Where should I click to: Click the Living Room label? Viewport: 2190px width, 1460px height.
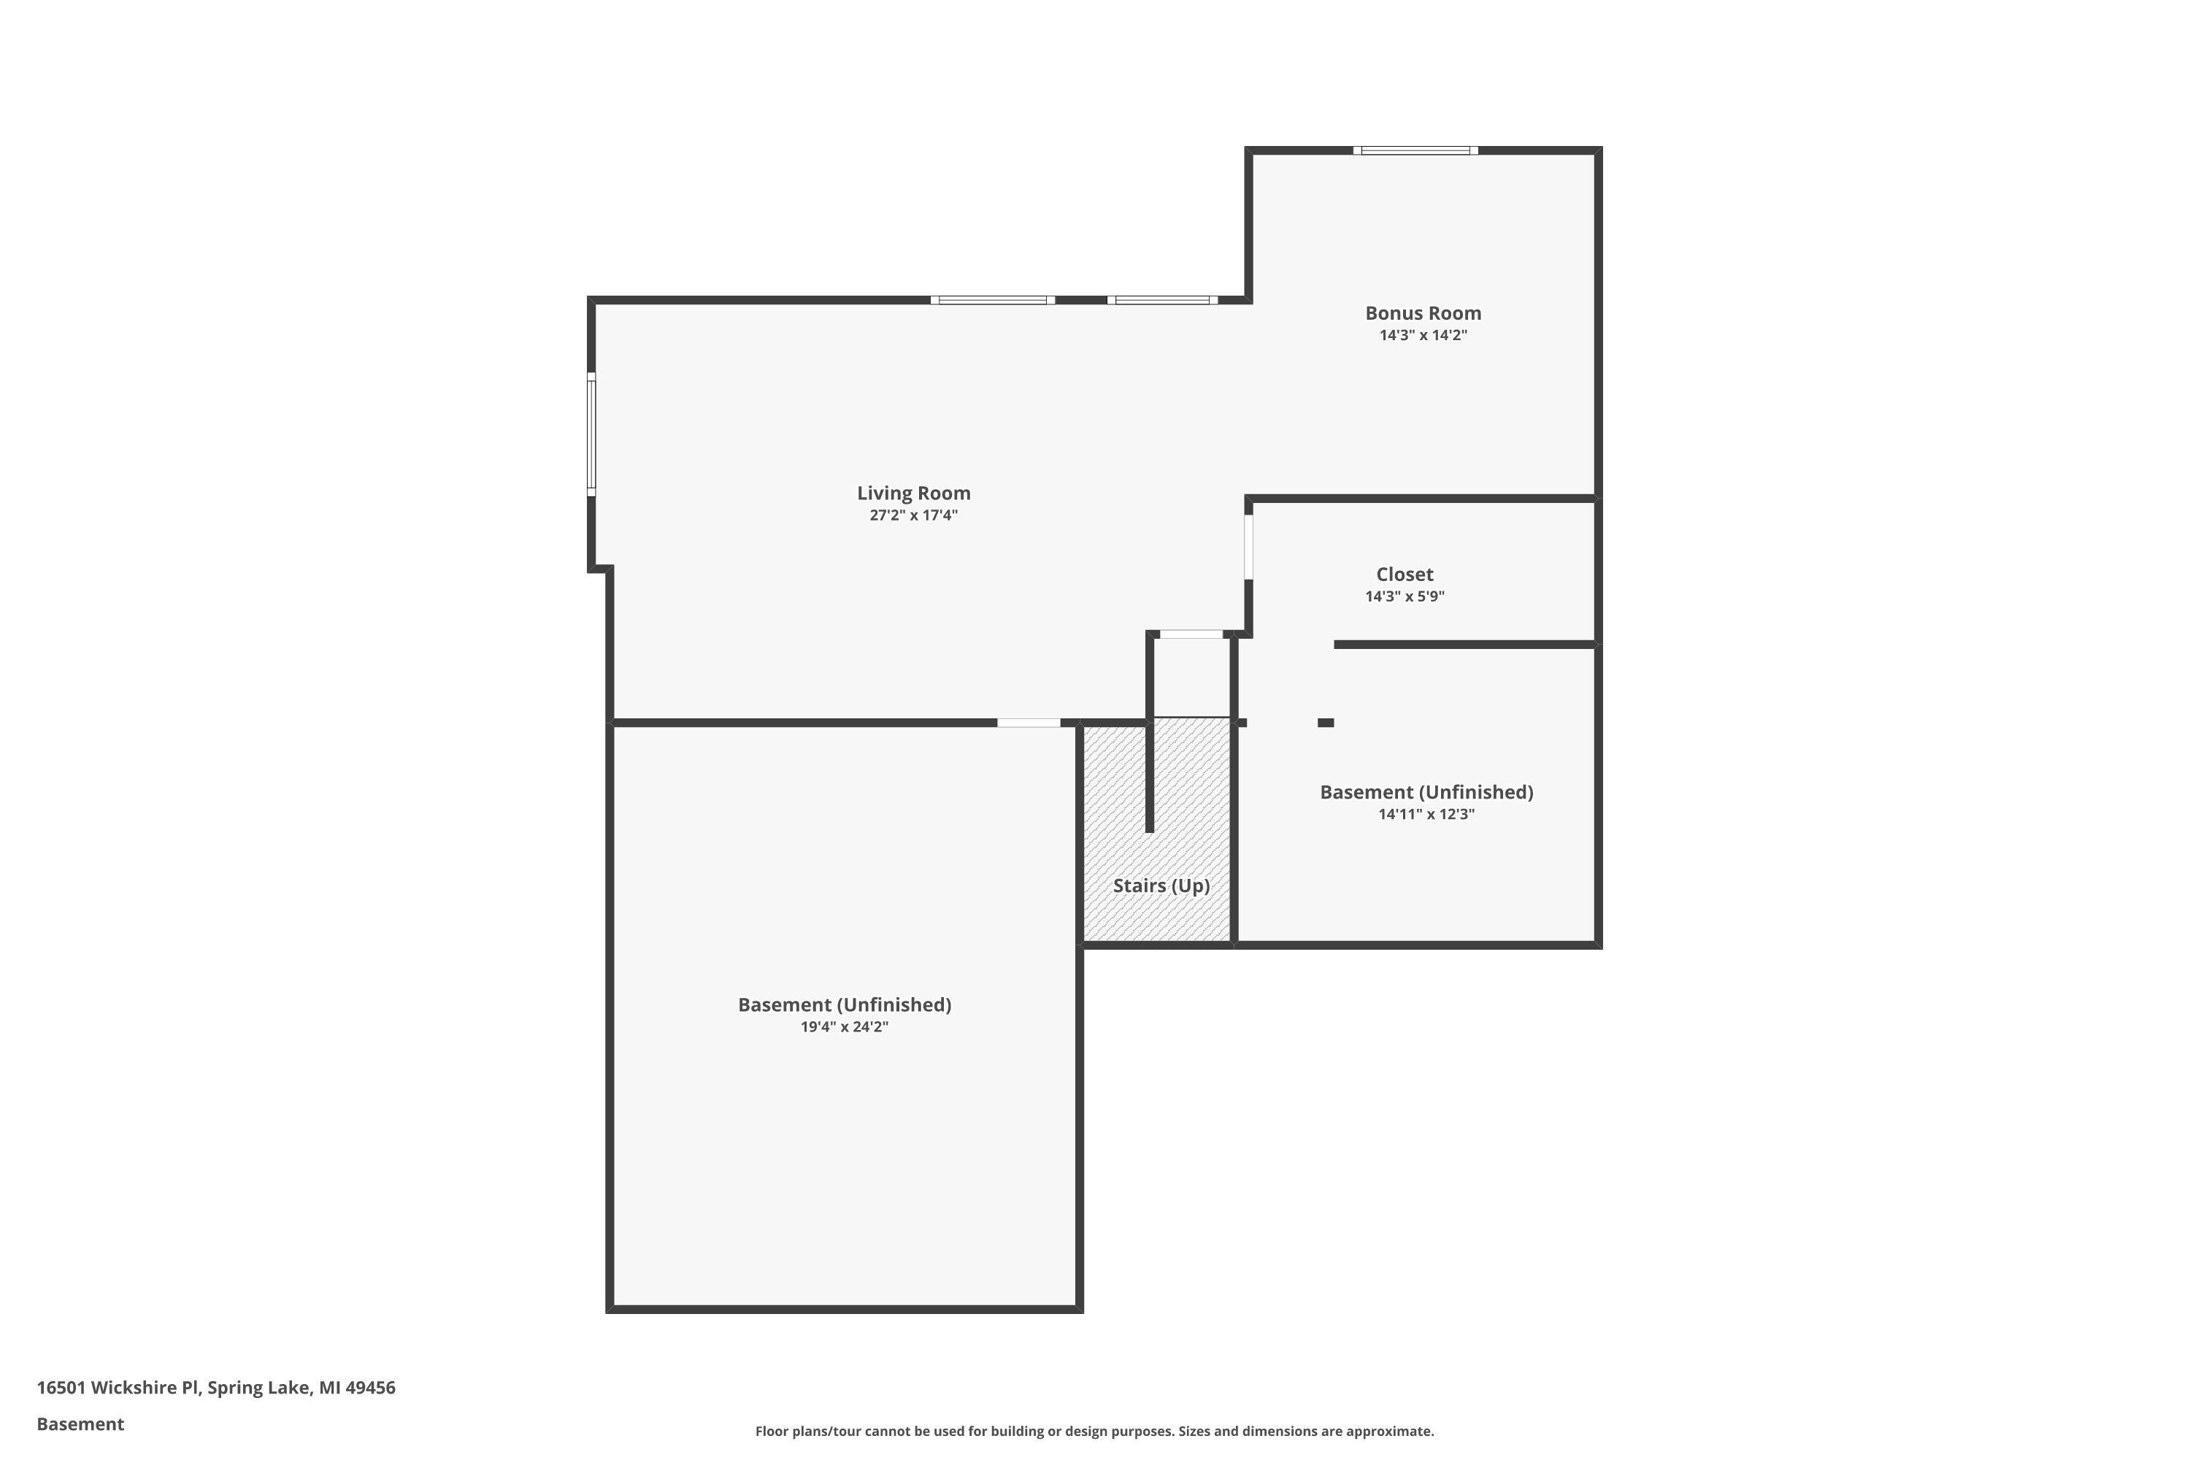pyautogui.click(x=913, y=493)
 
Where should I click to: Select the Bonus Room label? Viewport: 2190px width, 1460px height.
pyautogui.click(x=1423, y=314)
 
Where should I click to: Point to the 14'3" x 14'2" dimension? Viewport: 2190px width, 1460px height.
pyautogui.click(x=1423, y=336)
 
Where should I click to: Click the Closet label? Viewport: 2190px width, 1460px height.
pyautogui.click(x=1404, y=575)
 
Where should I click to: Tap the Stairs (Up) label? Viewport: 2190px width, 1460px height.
pyautogui.click(x=1161, y=885)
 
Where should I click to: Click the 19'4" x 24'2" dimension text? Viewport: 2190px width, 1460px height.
pyautogui.click(x=844, y=1027)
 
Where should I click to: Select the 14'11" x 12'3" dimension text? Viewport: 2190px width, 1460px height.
pyautogui.click(x=1426, y=815)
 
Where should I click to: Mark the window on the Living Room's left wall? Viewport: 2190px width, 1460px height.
pyautogui.click(x=591, y=434)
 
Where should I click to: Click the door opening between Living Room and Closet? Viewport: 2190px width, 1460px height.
pyautogui.click(x=1248, y=547)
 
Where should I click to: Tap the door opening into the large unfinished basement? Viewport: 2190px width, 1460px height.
pyautogui.click(x=1028, y=723)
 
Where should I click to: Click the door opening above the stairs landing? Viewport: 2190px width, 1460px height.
pyautogui.click(x=1191, y=635)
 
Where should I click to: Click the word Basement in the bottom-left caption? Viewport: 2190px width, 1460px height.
pyautogui.click(x=80, y=1423)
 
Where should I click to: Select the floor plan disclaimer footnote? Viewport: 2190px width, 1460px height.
pyautogui.click(x=1094, y=1431)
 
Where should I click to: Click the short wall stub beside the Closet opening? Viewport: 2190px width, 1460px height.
pyautogui.click(x=1326, y=723)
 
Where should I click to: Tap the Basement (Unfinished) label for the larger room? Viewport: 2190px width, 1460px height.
pyautogui.click(x=844, y=1004)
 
